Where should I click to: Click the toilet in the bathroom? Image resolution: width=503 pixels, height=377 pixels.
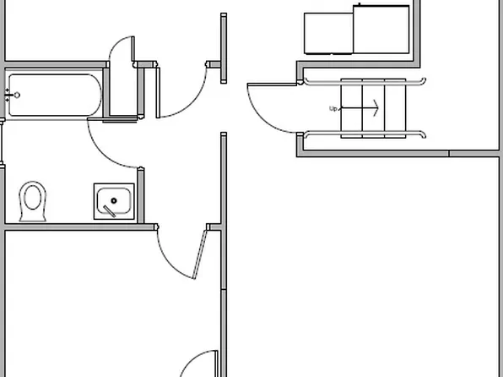(x=32, y=201)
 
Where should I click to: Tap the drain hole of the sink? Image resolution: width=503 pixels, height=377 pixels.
(x=114, y=201)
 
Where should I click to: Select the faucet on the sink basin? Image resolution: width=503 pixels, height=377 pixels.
(x=110, y=211)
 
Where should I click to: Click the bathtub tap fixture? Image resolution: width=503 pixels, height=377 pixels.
(x=12, y=96)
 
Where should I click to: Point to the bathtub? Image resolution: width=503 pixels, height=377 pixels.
(x=55, y=96)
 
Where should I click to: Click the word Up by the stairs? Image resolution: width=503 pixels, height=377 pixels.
(x=333, y=109)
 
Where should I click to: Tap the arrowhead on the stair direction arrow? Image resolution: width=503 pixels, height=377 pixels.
(x=376, y=108)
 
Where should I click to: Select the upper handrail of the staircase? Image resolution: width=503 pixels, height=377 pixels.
(x=365, y=82)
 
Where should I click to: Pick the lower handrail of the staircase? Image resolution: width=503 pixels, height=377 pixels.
(x=365, y=134)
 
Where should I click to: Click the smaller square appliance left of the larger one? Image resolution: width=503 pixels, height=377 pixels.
(x=328, y=34)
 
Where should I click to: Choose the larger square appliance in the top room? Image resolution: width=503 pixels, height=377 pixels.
(x=381, y=30)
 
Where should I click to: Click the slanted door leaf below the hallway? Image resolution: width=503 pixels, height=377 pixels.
(x=199, y=254)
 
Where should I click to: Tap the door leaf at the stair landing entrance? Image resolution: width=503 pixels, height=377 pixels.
(x=272, y=85)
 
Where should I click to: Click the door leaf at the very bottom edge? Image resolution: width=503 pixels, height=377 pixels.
(x=216, y=363)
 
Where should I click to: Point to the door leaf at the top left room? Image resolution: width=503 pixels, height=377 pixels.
(x=133, y=49)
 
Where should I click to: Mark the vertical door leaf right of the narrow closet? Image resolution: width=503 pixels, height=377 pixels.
(x=158, y=93)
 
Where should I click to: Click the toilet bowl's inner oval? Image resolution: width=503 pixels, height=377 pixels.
(x=33, y=197)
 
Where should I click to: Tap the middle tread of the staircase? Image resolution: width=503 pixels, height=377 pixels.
(x=373, y=108)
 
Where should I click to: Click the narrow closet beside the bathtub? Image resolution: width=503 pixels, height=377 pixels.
(x=123, y=91)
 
